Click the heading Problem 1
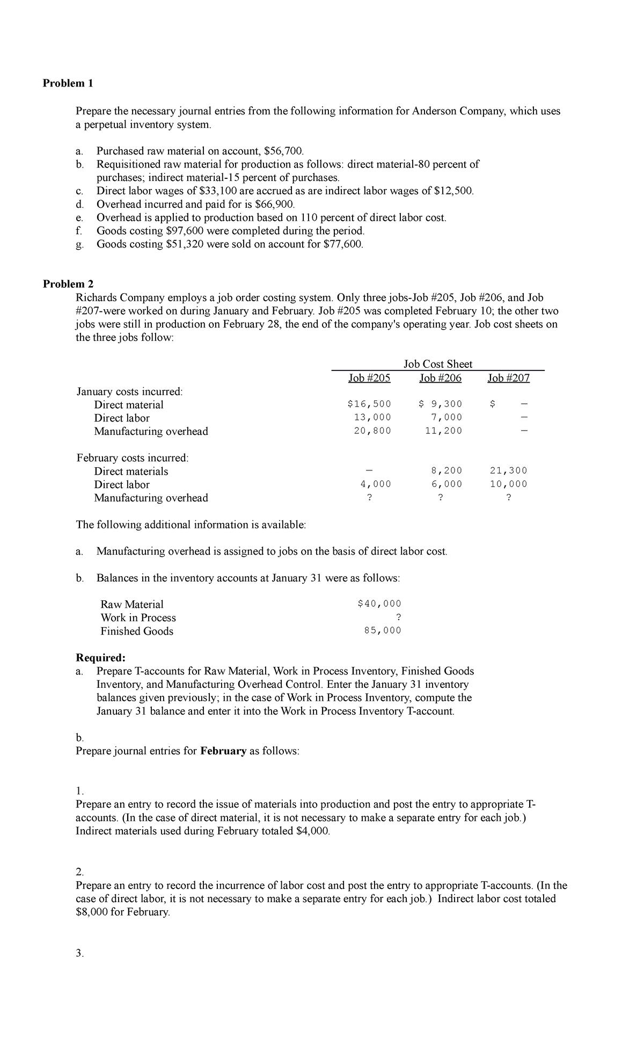[68, 83]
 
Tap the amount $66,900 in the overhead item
[274, 204]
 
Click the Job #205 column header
[369, 378]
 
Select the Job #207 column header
[508, 378]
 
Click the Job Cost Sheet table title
[438, 364]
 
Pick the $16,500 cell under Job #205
[369, 404]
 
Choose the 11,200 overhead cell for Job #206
[443, 431]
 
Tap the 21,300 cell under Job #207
[508, 471]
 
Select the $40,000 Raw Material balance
[379, 604]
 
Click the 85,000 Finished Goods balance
[382, 631]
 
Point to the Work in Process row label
[138, 617]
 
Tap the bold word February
[223, 751]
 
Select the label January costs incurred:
[129, 391]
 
